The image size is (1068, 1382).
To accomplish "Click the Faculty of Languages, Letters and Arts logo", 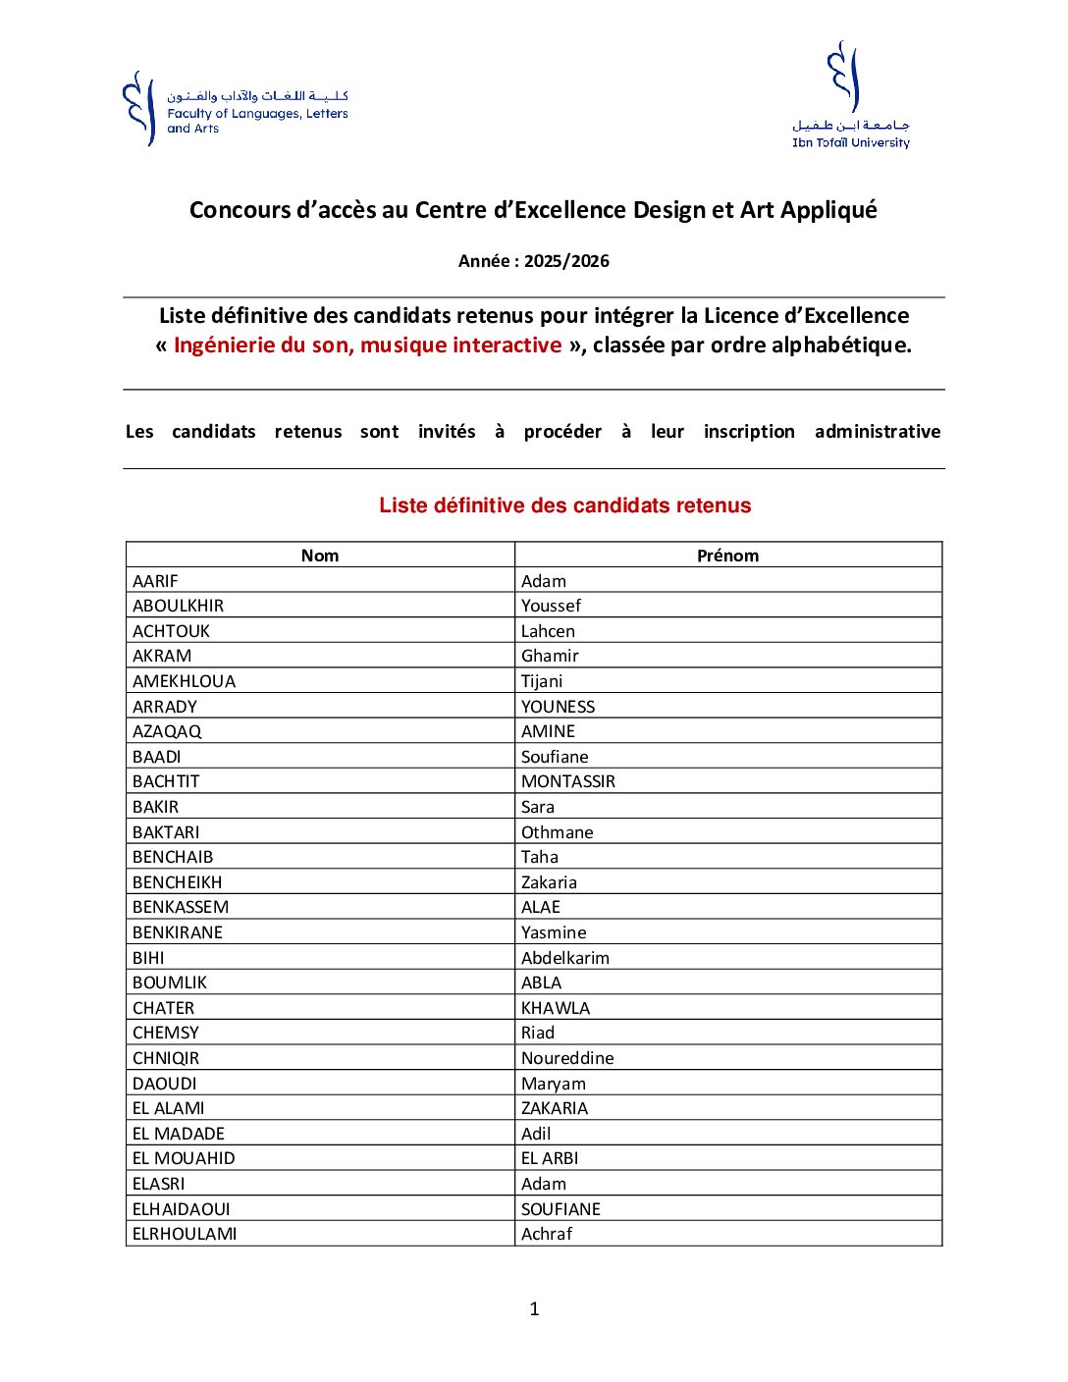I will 235,109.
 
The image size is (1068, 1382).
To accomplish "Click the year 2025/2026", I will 566,261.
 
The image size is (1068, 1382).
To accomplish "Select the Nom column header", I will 320,556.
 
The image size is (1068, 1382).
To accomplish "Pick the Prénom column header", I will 727,556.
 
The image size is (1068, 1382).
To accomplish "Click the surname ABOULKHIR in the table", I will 178,606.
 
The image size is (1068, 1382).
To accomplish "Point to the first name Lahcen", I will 548,631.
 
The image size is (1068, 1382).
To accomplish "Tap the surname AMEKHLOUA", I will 184,681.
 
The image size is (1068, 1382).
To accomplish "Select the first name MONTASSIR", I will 568,781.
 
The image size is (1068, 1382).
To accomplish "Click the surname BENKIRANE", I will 178,932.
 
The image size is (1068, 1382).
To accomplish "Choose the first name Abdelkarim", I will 565,958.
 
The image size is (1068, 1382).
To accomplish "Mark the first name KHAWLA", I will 556,1008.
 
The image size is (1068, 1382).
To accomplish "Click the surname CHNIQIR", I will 166,1058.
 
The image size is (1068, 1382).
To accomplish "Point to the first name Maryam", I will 554,1084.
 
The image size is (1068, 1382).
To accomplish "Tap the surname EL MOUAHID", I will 184,1158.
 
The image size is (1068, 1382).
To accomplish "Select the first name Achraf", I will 547,1234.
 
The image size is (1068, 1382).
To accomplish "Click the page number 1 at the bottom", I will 534,1308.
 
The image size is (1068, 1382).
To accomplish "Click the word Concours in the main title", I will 239,210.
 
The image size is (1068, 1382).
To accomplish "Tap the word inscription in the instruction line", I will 749,432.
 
